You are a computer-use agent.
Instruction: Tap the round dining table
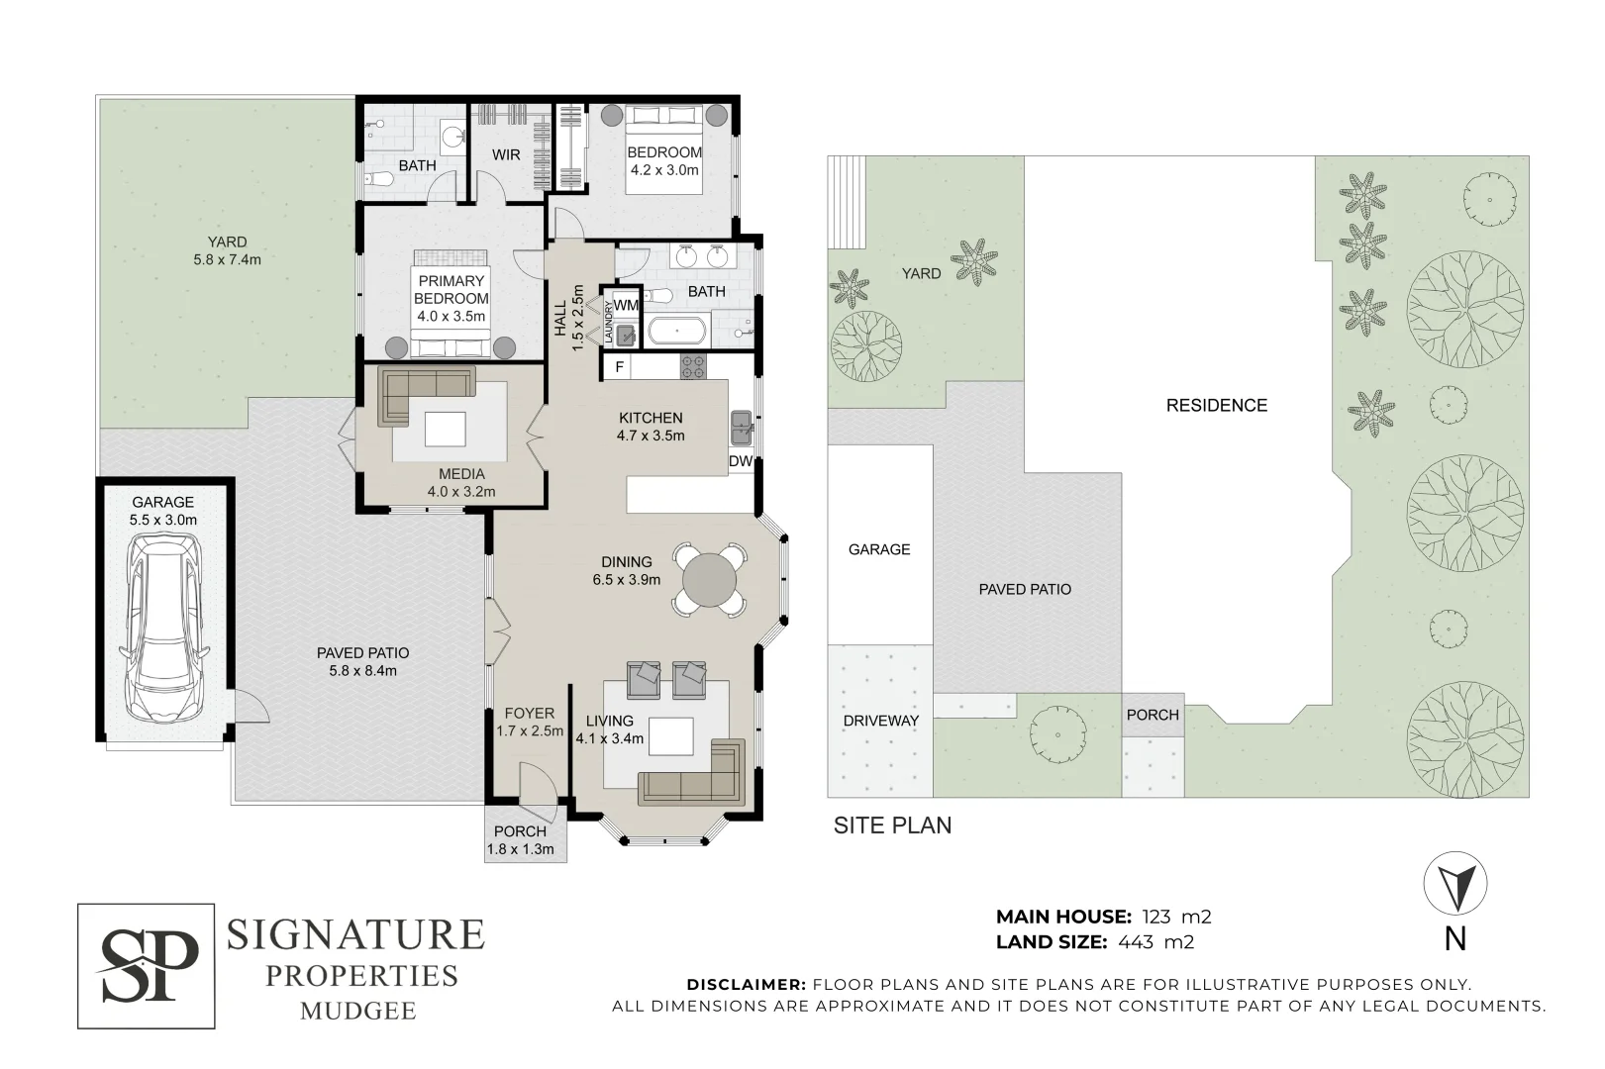(709, 580)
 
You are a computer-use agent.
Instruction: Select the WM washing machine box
(626, 305)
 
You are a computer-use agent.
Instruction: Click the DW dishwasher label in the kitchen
(741, 461)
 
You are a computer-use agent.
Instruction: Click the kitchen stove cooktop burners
(693, 367)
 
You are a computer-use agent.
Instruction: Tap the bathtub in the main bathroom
(677, 331)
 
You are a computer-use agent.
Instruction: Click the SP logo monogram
(147, 966)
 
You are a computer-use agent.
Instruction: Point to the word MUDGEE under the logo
(358, 1011)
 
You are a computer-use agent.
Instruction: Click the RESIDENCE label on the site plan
(1217, 406)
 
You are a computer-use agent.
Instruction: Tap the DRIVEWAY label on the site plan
(880, 721)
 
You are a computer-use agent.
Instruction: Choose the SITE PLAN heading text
(893, 826)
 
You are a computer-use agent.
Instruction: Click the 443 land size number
(1136, 942)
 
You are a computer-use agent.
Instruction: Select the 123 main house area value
(1156, 917)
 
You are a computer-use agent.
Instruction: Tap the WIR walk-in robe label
(506, 154)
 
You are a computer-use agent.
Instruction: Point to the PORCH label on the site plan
(1153, 715)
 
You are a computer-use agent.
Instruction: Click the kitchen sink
(741, 428)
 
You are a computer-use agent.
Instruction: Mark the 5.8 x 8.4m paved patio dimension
(362, 671)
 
